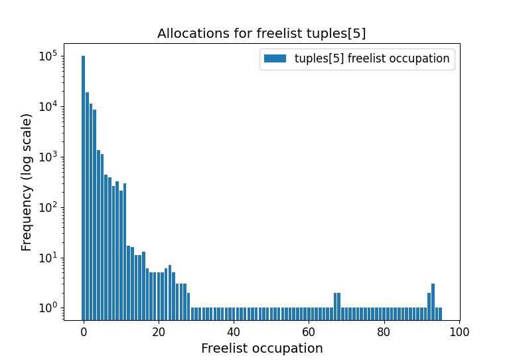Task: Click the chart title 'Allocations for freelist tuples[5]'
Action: coord(261,33)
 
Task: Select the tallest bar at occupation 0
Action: coord(83,183)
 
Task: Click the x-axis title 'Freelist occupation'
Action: coord(261,348)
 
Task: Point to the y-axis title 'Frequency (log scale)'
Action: coord(27,182)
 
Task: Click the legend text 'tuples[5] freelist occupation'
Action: coord(372,58)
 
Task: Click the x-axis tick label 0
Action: coord(83,331)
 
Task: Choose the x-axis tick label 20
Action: coord(158,331)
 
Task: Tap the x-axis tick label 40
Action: coord(233,331)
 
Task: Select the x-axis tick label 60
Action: coord(309,331)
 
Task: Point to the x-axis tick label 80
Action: coord(384,331)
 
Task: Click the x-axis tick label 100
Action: coord(459,331)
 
